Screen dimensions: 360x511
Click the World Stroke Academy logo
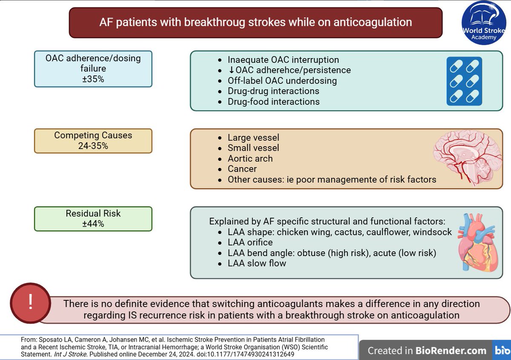[x=484, y=25]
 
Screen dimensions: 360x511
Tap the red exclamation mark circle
[x=30, y=302]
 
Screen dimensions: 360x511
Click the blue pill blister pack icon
[x=464, y=81]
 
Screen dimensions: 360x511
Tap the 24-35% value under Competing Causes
[x=93, y=146]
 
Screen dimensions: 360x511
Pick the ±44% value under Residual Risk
[x=93, y=224]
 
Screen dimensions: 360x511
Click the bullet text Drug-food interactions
[x=273, y=101]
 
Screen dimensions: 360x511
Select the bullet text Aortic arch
[x=250, y=158]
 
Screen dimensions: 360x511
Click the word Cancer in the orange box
[x=242, y=169]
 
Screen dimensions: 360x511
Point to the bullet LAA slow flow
[x=257, y=263]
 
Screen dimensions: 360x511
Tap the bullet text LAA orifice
[x=250, y=242]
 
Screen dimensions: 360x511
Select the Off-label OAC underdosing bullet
[x=282, y=81]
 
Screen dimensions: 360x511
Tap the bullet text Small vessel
[x=253, y=148]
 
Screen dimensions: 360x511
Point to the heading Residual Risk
[x=93, y=213]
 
